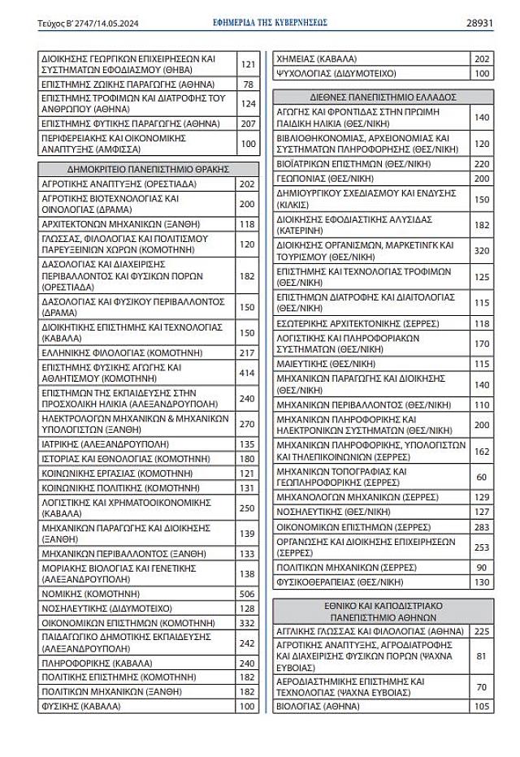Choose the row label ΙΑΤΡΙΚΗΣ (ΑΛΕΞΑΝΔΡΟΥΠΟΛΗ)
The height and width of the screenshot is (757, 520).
pyautogui.click(x=105, y=444)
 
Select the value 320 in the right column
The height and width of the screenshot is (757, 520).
pyautogui.click(x=481, y=250)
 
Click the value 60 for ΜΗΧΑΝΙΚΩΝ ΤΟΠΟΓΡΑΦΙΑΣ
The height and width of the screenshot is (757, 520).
pyautogui.click(x=481, y=477)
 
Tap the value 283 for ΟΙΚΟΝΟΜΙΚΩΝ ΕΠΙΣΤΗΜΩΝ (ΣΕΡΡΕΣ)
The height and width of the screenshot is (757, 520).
pyautogui.click(x=481, y=527)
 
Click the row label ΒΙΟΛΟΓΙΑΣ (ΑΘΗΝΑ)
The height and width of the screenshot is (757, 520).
pyautogui.click(x=318, y=707)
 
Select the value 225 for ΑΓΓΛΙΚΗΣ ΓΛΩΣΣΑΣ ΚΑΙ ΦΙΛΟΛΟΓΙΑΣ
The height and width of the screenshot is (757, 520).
pyautogui.click(x=481, y=631)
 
